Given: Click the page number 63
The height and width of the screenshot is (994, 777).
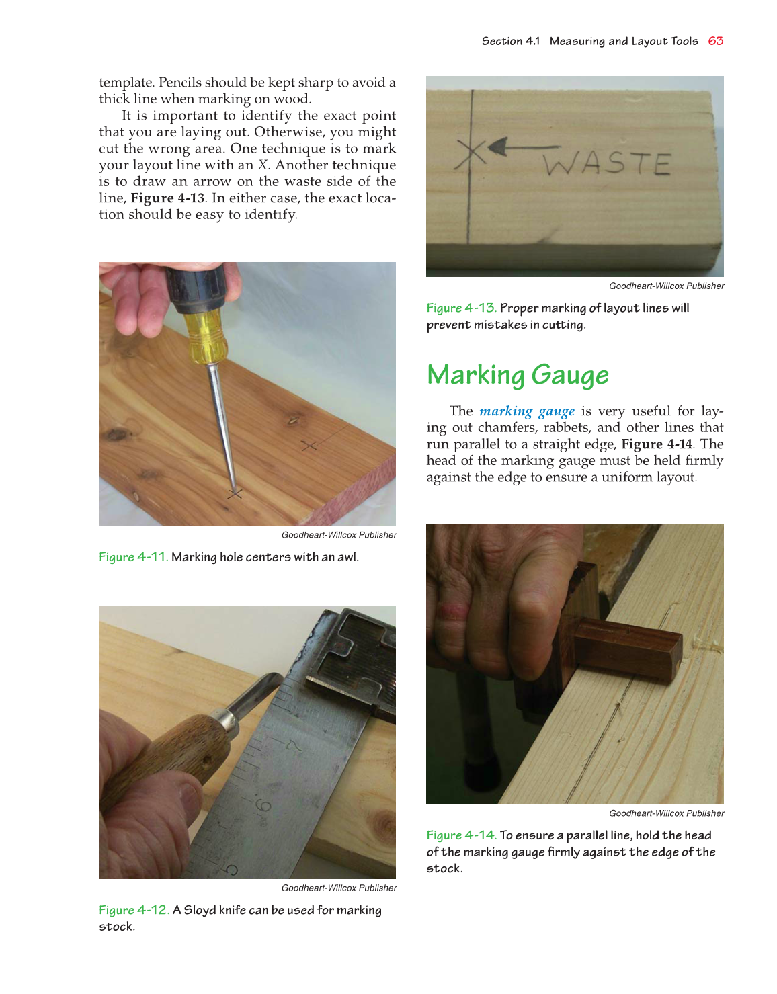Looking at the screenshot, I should [715, 41].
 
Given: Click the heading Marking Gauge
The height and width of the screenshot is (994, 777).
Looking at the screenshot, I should [518, 376].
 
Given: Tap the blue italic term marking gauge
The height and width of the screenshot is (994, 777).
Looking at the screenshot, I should [526, 411].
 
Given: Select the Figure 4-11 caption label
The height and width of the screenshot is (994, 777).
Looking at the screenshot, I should [132, 557].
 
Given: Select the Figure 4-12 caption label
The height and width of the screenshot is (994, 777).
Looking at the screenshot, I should [133, 910].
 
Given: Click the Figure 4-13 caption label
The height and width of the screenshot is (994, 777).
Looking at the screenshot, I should [461, 308].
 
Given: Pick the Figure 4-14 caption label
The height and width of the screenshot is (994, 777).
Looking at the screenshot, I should [461, 835].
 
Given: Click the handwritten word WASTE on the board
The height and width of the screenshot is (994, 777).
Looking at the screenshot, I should [607, 163].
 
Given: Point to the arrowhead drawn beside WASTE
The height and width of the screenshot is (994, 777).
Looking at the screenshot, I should [497, 147].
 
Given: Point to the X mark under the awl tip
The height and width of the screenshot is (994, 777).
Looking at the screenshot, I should [234, 494].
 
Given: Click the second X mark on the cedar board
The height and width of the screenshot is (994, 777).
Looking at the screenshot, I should [309, 446].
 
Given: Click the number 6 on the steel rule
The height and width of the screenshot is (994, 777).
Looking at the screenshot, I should [263, 804].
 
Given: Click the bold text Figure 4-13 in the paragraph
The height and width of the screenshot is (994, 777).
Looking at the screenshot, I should [167, 198].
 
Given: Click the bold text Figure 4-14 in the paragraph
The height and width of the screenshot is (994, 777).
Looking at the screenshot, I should [656, 444].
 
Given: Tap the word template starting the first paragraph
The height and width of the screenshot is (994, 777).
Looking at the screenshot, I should [126, 83].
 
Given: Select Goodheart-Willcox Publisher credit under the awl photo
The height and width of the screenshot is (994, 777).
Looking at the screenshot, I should [339, 535].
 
